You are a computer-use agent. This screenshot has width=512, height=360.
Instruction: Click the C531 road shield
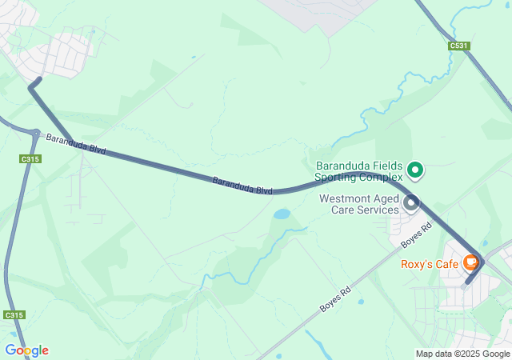(x=458, y=46)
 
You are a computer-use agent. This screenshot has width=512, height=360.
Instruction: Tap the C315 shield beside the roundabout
(x=30, y=159)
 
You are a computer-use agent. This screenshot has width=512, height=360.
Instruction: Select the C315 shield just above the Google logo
(x=13, y=315)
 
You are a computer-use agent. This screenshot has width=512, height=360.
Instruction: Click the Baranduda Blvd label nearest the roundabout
(x=76, y=144)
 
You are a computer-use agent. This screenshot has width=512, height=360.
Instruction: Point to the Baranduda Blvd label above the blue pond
(x=242, y=186)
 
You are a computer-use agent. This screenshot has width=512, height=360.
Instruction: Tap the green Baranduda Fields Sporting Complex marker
(x=415, y=169)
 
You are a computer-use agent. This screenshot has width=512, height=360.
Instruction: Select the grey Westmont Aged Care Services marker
(x=411, y=203)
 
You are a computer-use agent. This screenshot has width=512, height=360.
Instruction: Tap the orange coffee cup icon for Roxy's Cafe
(x=471, y=262)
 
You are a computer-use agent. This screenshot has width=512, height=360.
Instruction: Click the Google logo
(x=26, y=350)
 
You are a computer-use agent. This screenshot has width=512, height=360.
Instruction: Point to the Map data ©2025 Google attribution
(x=462, y=354)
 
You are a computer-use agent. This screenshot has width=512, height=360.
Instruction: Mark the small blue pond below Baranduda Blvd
(x=282, y=214)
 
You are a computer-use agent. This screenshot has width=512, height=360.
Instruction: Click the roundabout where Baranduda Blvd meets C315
(x=36, y=133)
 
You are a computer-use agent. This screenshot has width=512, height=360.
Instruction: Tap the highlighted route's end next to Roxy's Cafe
(x=467, y=282)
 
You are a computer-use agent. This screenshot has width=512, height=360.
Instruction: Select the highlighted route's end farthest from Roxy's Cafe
(x=38, y=80)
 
